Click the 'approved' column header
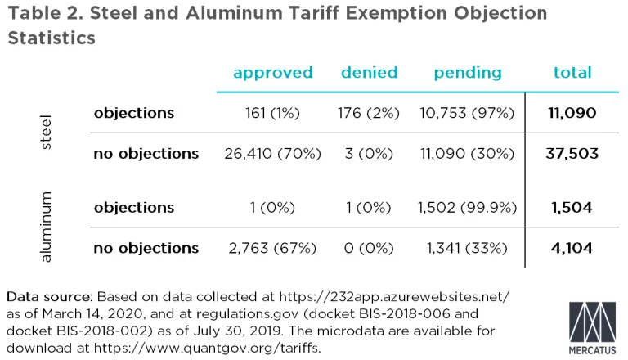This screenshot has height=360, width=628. coord(272,73)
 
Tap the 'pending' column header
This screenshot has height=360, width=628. coord(467,73)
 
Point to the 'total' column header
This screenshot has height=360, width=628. coord(572,73)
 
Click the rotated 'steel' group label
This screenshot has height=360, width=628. coord(47,133)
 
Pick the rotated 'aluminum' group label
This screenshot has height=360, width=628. coord(47,227)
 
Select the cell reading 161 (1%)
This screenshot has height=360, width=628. coord(272,113)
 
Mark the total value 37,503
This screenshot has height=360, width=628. coord(573,153)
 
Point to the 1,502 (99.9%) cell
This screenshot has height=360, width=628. coord(467,207)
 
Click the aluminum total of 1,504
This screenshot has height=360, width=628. coord(573,207)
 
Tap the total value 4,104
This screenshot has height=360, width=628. coord(573,247)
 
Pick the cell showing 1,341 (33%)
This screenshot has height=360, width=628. coord(467,247)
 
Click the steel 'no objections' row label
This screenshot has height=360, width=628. coord(146,153)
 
